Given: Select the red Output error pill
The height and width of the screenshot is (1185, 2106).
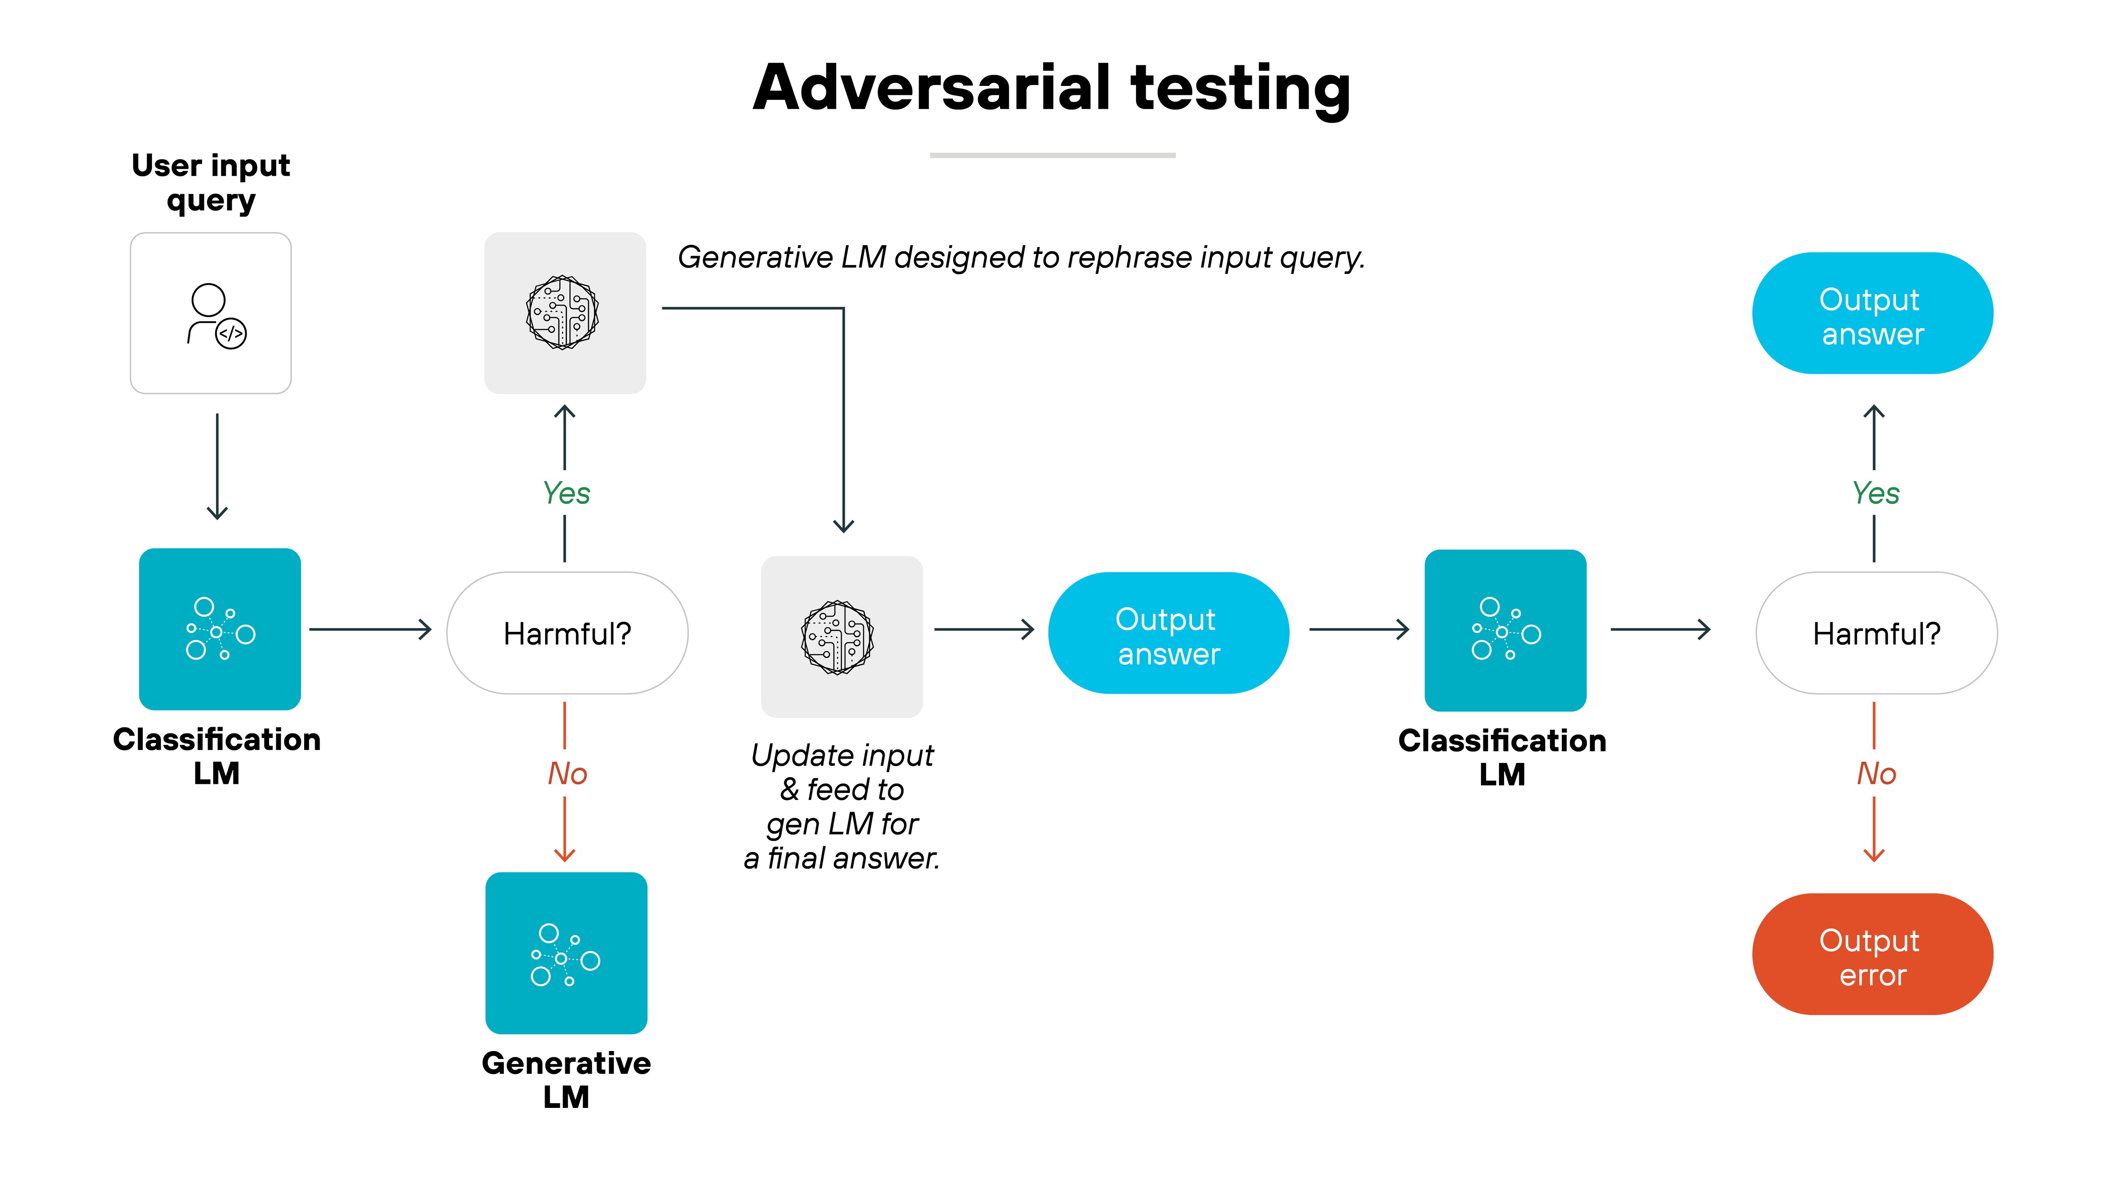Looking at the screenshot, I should (x=1872, y=955).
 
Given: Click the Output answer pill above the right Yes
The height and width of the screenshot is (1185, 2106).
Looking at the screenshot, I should (x=1872, y=313).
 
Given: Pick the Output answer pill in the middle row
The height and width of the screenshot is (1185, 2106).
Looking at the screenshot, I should (x=1168, y=634).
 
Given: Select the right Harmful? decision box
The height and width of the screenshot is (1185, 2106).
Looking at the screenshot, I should (x=1876, y=634).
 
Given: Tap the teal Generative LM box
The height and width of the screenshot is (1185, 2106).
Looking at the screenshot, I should (x=566, y=953).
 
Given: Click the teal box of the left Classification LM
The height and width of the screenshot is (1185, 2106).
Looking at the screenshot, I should (x=220, y=629).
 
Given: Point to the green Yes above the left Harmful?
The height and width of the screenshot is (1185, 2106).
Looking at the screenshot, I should (x=566, y=493).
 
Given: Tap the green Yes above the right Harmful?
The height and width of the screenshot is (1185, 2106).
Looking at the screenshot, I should (x=1876, y=493).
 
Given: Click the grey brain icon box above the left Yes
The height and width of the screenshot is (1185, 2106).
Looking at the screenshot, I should (x=565, y=313).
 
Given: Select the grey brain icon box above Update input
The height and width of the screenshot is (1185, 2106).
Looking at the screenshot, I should (x=841, y=637).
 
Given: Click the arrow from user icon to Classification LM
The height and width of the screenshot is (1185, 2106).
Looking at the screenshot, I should (x=216, y=466).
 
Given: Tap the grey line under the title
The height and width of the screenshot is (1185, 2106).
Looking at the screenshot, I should (x=1052, y=155).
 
